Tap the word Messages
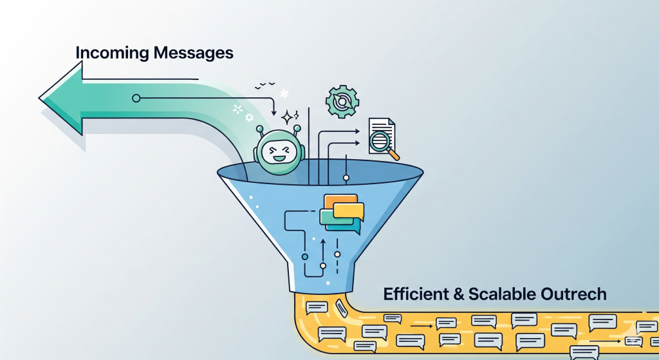click(x=194, y=53)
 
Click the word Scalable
click(x=501, y=294)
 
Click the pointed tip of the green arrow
click(x=41, y=99)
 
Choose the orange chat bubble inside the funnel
click(x=338, y=202)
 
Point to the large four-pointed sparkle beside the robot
click(x=287, y=117)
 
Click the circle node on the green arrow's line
click(x=136, y=98)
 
